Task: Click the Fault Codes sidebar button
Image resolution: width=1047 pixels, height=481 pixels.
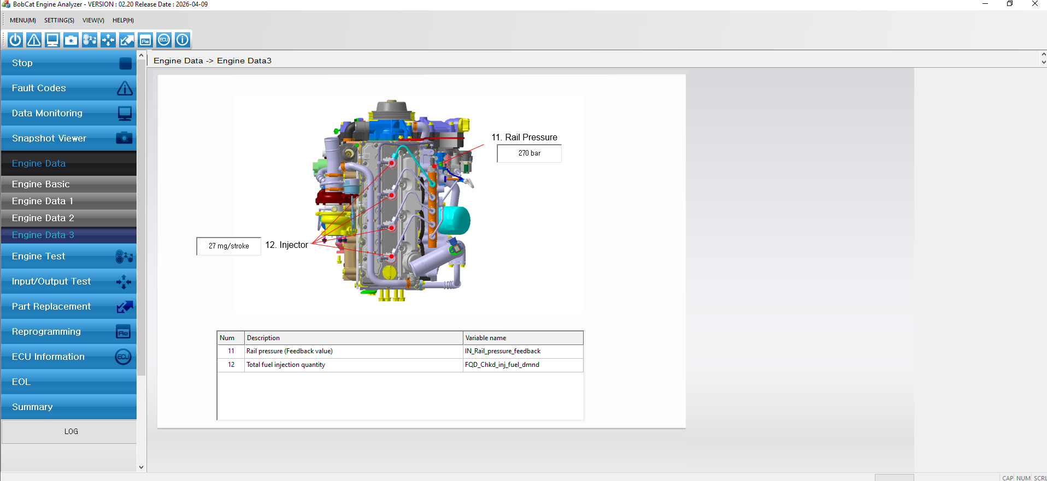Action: click(69, 88)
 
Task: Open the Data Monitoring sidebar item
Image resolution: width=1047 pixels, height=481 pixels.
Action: click(69, 113)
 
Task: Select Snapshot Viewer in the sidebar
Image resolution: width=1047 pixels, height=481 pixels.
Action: click(69, 138)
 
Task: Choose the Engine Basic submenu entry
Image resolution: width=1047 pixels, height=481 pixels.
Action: click(69, 184)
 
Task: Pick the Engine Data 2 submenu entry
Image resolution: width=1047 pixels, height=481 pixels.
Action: click(69, 218)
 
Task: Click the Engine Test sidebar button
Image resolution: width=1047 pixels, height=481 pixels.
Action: click(69, 256)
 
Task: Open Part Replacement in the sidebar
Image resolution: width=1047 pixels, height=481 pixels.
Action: click(69, 306)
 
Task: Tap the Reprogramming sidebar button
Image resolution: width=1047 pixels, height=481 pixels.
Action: click(69, 331)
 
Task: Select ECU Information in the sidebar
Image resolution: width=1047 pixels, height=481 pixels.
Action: click(69, 357)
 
